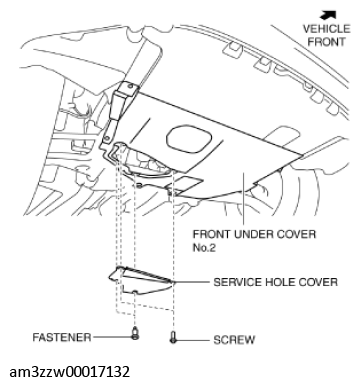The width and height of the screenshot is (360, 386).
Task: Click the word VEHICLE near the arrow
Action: click(x=325, y=30)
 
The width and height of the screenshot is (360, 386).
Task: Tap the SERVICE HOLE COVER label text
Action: click(x=269, y=283)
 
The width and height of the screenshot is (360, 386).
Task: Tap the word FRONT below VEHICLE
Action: click(x=325, y=43)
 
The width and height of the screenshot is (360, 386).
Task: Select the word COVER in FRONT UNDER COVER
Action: click(x=297, y=234)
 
